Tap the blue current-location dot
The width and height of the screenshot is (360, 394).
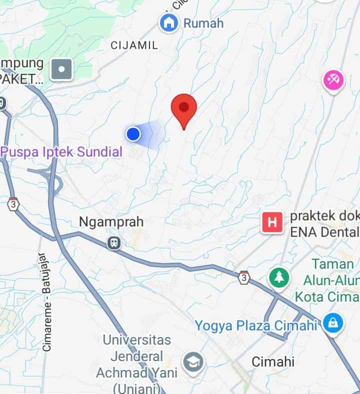point(133,134)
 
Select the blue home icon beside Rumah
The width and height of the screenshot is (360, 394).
point(169,22)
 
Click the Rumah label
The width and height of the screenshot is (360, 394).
point(203,23)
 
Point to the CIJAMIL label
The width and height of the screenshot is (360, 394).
point(134,45)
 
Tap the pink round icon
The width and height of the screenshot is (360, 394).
point(333,79)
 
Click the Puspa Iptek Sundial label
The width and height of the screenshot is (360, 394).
point(61,152)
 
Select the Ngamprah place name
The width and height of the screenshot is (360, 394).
point(111,221)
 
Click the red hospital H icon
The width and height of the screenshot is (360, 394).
point(272,222)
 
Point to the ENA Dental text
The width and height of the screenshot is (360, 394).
point(324,232)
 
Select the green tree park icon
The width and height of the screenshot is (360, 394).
point(279,277)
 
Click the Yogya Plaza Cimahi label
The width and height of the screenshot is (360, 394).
point(256,326)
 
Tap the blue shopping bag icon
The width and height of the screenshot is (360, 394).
point(332,322)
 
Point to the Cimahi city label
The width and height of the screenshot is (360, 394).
point(273,362)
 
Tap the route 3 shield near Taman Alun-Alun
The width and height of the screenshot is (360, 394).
point(243,278)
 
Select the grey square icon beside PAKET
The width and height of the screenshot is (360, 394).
point(62,69)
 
